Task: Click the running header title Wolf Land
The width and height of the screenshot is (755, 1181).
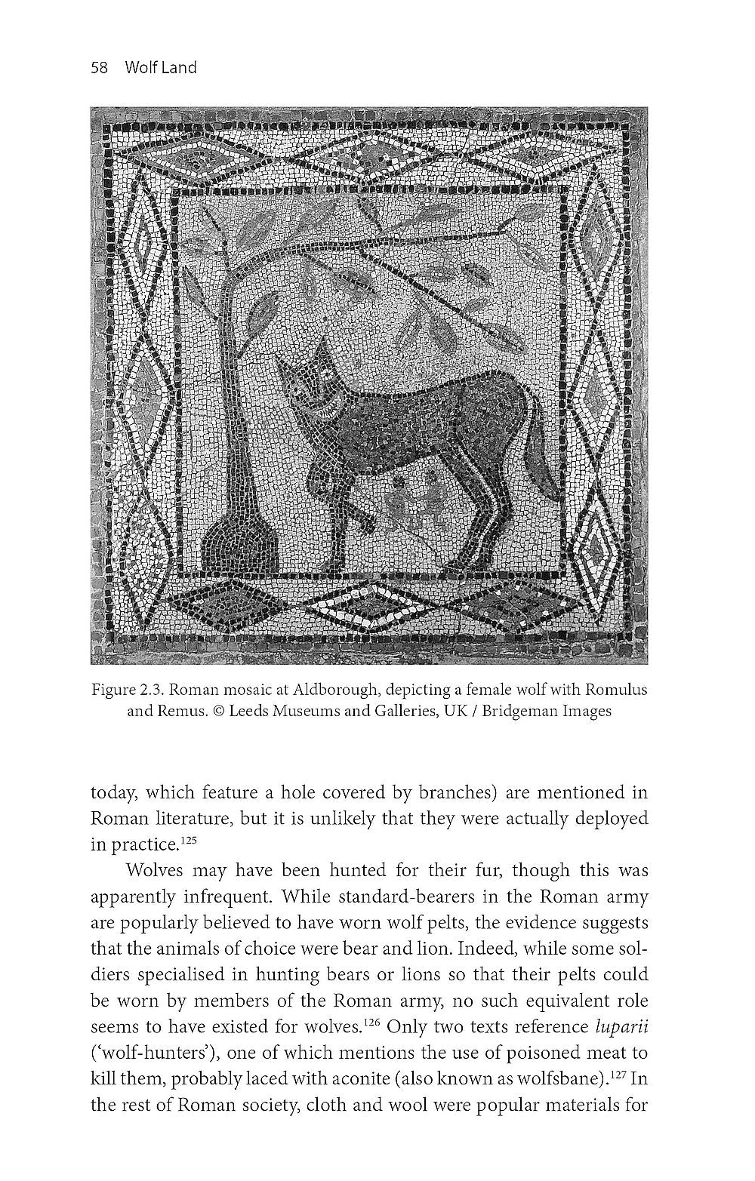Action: pos(161,68)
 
